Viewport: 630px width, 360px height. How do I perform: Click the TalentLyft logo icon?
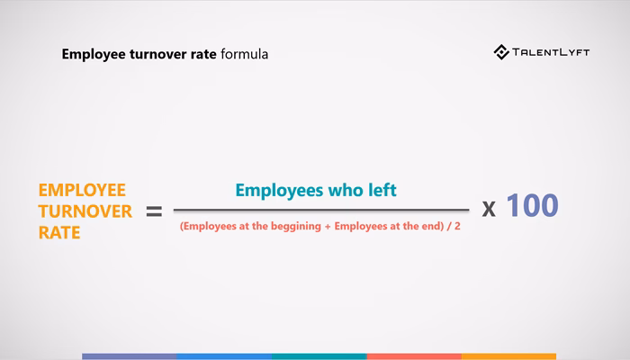502,52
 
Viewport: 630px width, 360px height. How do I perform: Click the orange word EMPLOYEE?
82,190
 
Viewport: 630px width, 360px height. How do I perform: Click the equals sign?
154,211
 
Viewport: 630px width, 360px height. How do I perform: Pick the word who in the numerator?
346,190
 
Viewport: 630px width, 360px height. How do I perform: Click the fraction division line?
320,210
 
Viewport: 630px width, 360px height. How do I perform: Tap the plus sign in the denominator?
328,227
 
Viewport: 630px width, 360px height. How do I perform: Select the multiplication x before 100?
489,209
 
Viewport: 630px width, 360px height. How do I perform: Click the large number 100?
533,206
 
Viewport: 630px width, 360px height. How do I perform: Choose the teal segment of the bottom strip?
319,356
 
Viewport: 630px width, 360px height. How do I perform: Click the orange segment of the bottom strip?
508,356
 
